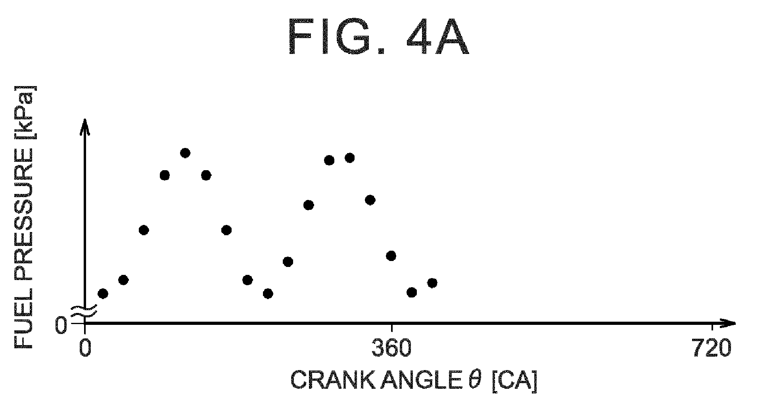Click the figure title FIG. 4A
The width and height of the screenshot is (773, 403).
click(x=379, y=37)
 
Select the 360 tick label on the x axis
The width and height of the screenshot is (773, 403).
click(x=391, y=348)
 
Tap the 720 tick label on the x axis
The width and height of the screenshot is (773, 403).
click(x=712, y=348)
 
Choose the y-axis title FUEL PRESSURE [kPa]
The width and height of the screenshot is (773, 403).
click(x=24, y=217)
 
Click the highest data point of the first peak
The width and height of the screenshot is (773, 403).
click(x=185, y=153)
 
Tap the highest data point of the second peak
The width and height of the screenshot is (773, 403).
click(x=349, y=158)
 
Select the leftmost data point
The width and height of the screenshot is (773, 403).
click(x=103, y=294)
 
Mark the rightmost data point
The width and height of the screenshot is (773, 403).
click(x=432, y=283)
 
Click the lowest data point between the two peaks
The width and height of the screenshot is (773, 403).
click(x=268, y=294)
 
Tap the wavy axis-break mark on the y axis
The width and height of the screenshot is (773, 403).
click(x=84, y=311)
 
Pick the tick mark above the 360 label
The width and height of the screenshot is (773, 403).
click(x=391, y=328)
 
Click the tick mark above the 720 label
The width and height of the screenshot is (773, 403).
click(x=712, y=328)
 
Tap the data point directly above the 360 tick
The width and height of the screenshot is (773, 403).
click(x=391, y=256)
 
